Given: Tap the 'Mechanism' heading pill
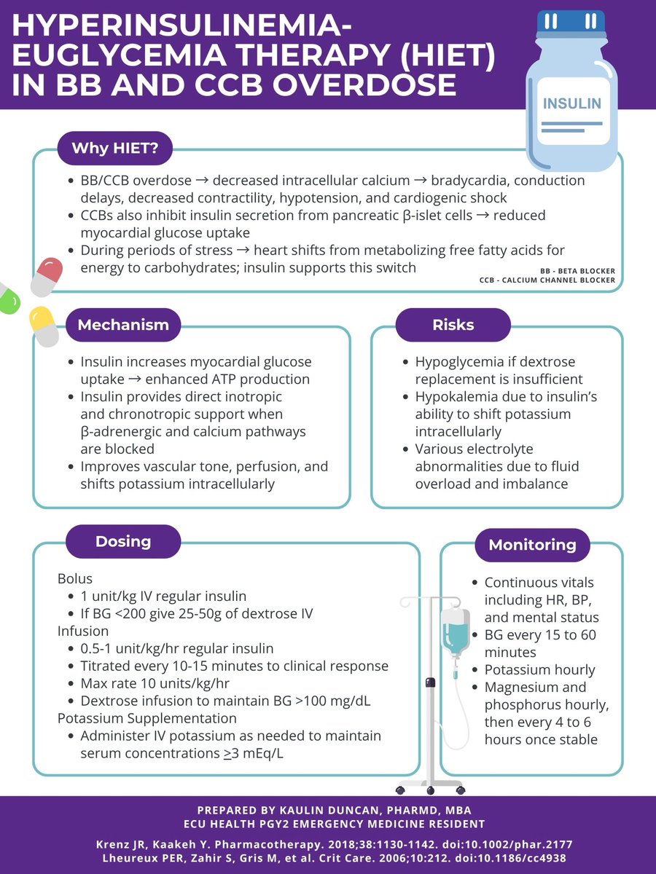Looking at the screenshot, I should coord(123,325).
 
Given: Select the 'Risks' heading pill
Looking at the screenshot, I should coord(453,325).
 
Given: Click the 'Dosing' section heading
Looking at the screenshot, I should coord(123,541).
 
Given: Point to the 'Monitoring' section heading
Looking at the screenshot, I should coord(532,545).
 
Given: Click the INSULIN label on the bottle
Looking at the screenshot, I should coord(572,103).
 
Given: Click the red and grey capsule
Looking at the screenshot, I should coord(46,275).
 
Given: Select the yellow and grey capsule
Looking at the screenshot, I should coord(44,326).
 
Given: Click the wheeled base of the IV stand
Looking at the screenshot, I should coord(430,787).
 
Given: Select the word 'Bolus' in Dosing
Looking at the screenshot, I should coord(75,579).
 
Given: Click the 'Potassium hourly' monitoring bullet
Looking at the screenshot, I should coord(539,670).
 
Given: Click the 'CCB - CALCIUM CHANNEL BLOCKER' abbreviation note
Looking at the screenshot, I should coord(547,280).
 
